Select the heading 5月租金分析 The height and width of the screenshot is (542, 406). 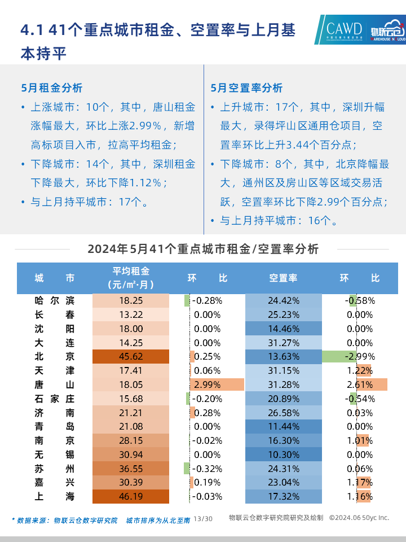click(51, 88)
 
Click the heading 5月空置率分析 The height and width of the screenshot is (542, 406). click(246, 88)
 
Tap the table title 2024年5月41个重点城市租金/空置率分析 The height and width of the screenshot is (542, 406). click(203, 249)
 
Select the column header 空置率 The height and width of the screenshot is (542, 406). click(283, 278)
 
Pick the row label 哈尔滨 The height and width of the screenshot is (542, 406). click(54, 300)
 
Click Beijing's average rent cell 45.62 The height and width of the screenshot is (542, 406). click(130, 356)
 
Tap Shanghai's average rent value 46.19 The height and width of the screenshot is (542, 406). click(130, 496)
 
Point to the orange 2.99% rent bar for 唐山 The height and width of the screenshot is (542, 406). click(217, 384)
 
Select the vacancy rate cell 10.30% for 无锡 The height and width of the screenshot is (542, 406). click(283, 454)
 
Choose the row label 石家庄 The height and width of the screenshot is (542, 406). click(54, 399)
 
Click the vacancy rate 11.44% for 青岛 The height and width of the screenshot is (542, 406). click(283, 426)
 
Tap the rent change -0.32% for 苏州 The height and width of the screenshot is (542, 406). click(207, 469)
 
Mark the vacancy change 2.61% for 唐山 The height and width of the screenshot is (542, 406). click(361, 384)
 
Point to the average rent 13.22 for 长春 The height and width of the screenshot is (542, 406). click(130, 314)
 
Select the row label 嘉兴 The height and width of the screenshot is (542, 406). click(54, 482)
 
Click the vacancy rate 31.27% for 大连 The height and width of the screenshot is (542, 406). click(283, 342)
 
